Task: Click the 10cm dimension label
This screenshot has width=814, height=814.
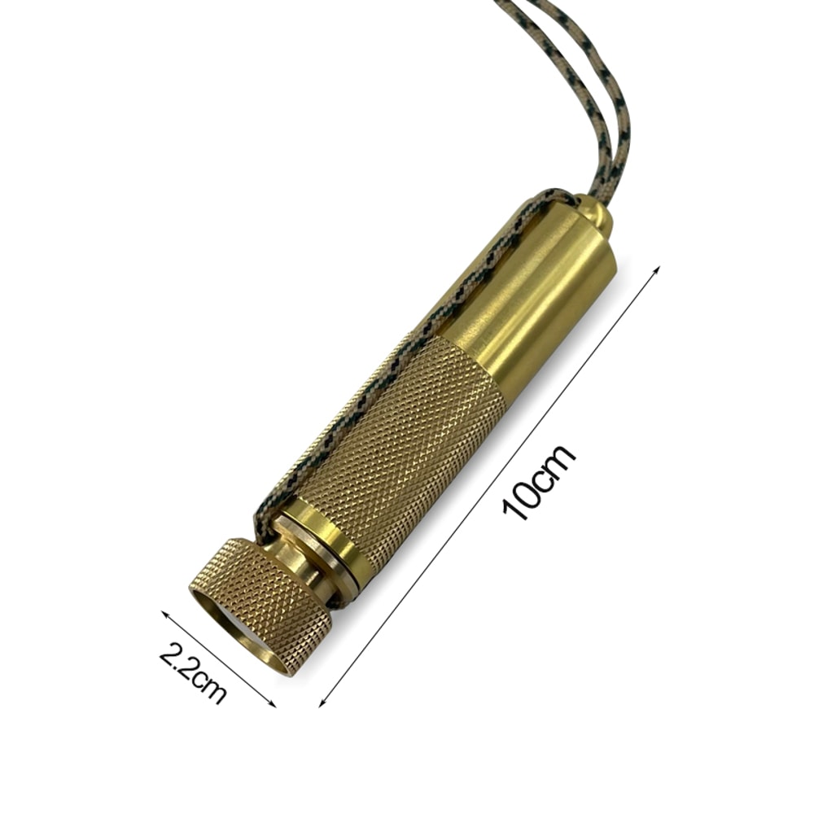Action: click(x=540, y=482)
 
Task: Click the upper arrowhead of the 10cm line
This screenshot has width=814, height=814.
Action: click(x=656, y=270)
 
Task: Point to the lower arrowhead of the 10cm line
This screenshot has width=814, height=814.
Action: click(x=322, y=702)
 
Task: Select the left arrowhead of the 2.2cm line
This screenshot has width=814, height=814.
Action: click(x=165, y=615)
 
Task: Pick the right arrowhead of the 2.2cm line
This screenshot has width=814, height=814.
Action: click(x=272, y=702)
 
